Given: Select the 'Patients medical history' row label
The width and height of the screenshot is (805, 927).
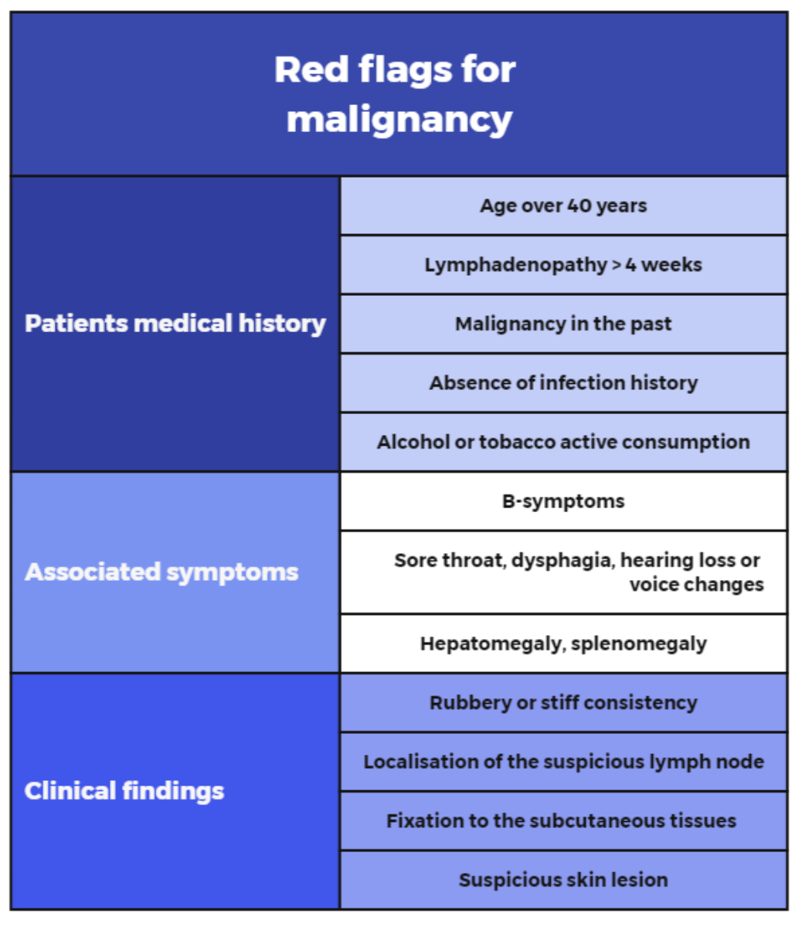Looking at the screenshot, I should (175, 323).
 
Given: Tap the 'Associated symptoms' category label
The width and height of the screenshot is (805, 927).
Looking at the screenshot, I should (161, 572).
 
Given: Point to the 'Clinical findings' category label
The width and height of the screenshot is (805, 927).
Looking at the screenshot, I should (124, 790).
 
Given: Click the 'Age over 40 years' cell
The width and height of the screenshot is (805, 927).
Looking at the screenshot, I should (563, 205).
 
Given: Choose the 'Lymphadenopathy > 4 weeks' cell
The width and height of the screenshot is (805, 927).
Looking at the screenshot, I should (563, 265).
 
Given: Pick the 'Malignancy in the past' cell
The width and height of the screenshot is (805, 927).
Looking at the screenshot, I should (563, 324).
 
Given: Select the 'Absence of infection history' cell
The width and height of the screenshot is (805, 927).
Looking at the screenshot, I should (563, 382).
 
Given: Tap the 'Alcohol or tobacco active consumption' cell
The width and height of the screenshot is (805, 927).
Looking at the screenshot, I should (563, 442).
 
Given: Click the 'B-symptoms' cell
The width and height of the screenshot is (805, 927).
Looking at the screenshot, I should (563, 501).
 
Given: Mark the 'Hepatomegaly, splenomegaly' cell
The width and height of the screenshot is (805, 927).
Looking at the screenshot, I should (563, 643).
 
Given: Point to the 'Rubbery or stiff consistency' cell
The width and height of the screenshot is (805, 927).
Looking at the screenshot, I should (563, 702).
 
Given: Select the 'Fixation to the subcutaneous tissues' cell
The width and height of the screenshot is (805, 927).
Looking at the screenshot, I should (562, 820).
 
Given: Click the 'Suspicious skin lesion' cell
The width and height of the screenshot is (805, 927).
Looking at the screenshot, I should (563, 879).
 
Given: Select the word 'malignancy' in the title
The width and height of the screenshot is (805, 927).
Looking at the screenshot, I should (399, 120).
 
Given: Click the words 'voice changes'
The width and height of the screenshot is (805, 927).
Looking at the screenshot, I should (696, 585).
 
